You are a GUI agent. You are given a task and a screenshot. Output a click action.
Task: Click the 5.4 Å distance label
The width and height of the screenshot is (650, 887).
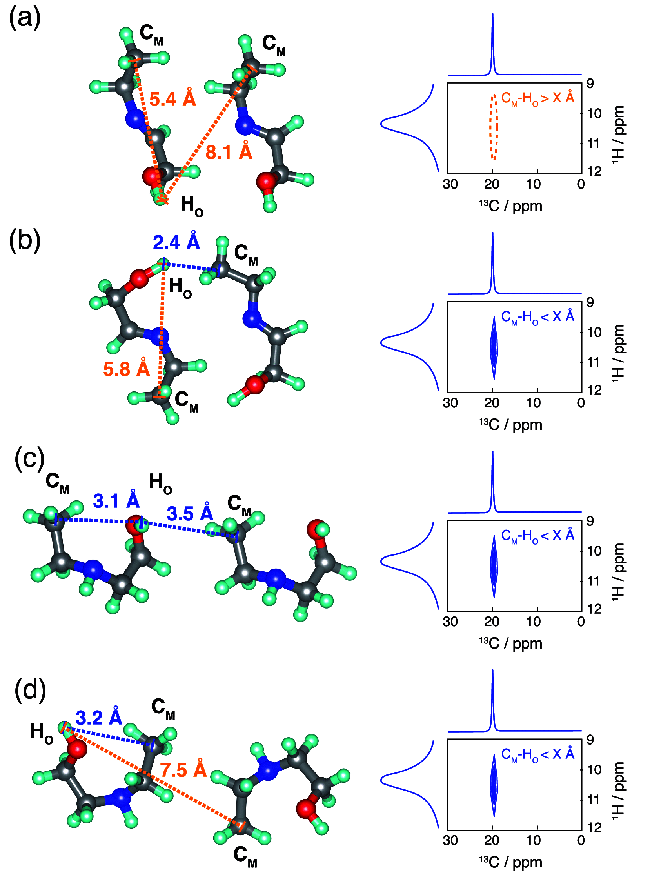coord(173,98)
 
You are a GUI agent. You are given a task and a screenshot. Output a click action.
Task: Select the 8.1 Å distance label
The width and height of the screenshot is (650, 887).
coord(229,151)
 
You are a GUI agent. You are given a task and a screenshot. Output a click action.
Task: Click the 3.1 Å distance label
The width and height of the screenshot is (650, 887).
coord(116,501)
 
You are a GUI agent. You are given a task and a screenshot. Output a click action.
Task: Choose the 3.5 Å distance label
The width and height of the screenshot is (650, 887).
coord(190,513)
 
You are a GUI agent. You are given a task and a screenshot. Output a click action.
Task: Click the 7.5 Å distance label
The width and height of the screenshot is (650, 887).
coord(183,769)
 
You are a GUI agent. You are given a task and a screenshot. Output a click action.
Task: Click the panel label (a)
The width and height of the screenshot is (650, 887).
coord(24,18)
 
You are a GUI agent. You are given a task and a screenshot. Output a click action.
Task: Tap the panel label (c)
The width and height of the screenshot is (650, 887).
coord(29,458)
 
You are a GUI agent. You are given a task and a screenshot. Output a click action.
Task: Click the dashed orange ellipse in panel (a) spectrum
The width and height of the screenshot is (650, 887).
coord(494,127)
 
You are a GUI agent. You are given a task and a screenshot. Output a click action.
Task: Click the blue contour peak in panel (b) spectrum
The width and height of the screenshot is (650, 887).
coord(494,347)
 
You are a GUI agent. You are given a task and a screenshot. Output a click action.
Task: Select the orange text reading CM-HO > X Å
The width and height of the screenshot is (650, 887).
coord(537,98)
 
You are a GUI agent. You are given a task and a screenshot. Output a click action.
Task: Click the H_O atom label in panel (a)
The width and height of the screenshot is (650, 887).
coord(192,205)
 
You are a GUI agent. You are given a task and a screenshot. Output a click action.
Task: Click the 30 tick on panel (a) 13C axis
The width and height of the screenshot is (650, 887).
coord(450,184)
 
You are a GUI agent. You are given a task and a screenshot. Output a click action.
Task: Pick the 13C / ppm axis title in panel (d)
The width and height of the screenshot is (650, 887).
coord(510,862)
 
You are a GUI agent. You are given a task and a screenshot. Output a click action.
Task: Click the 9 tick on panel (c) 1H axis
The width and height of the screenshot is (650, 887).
coord(590,522)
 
